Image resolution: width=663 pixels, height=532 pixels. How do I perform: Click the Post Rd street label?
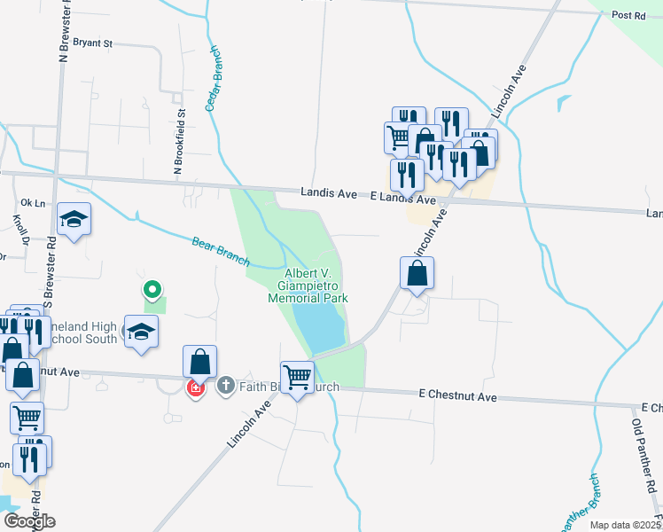point(628,15)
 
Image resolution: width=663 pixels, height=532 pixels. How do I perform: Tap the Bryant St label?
point(93,42)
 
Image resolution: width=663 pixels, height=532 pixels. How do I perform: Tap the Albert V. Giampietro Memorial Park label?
point(308,286)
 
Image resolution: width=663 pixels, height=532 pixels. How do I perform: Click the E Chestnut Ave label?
point(457,396)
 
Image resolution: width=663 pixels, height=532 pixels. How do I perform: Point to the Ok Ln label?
point(32,202)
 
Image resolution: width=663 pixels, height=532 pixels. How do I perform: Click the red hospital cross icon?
point(195,387)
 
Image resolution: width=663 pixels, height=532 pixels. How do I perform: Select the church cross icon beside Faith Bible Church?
point(225,386)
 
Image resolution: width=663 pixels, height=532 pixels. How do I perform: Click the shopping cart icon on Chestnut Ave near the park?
point(297,377)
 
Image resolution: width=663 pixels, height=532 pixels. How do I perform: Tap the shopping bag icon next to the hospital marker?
point(200,361)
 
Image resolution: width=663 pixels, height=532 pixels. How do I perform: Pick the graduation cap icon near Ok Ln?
point(74,219)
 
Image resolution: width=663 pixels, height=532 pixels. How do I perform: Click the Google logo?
point(28,521)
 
